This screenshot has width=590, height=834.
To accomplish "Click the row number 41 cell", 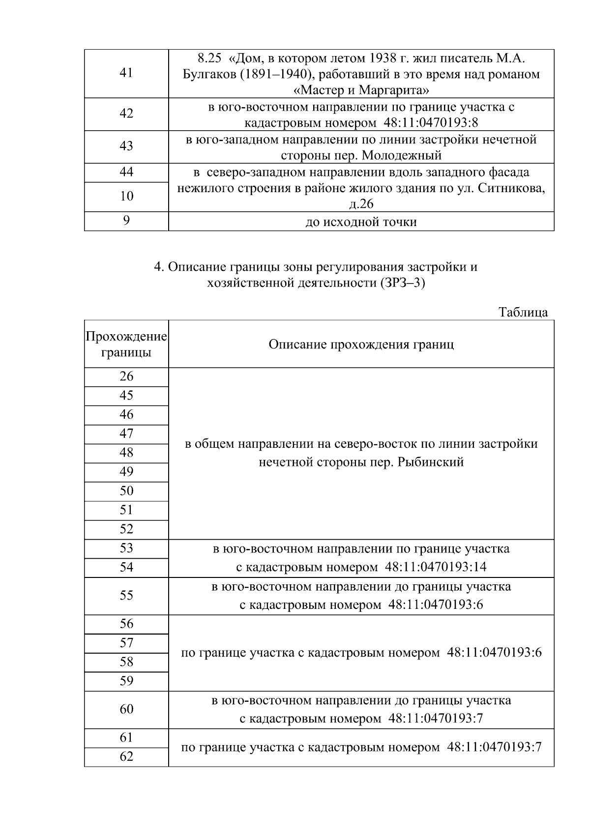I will coord(126,73).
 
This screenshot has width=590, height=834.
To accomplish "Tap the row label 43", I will coord(126,146).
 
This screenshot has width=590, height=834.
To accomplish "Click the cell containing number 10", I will coord(126,197).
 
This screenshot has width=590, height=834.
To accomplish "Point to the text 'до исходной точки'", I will coord(361,222).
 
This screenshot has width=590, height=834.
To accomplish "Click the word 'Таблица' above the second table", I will coord(523,313).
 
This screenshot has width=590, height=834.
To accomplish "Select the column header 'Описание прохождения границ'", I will coord(361,344).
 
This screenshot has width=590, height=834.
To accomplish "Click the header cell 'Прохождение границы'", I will coord(126,345).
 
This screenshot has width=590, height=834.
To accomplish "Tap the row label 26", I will coord(126,377).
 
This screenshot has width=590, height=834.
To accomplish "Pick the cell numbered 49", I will coord(126,472).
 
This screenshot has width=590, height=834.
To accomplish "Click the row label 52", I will coord(126,529).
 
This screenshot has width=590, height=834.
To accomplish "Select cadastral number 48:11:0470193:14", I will coord(436,567).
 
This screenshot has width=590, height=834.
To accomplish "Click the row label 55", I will coord(126,596).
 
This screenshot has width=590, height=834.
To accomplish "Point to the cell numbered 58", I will coord(126,662).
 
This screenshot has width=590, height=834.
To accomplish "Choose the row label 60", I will coord(126,709).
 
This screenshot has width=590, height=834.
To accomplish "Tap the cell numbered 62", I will coord(126,757).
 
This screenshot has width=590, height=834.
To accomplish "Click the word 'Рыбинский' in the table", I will coord(431,462).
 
